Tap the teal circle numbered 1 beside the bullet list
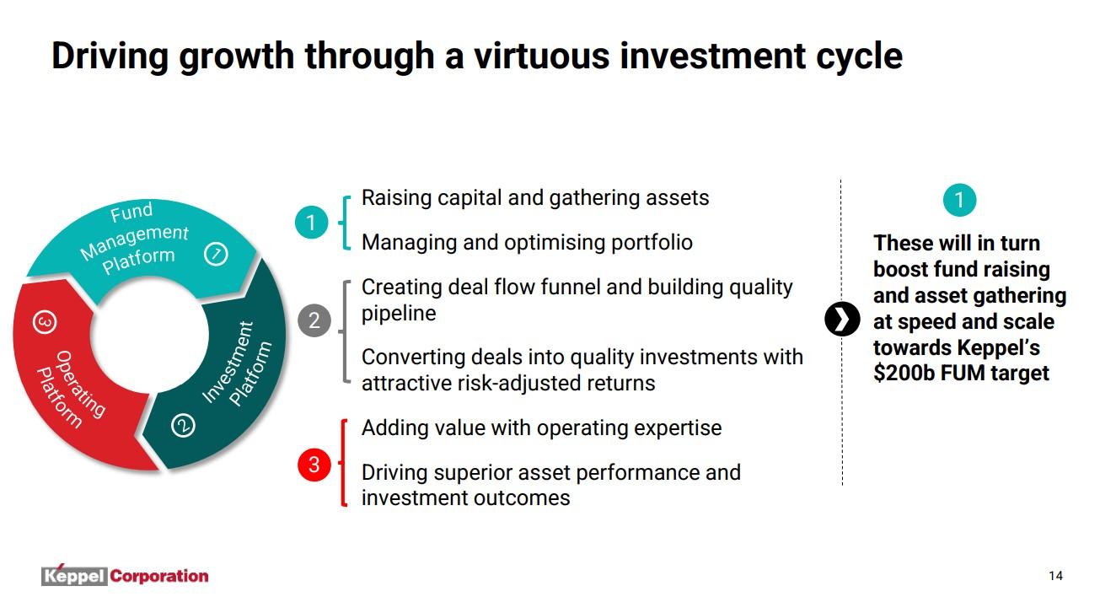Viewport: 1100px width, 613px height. pyautogui.click(x=311, y=223)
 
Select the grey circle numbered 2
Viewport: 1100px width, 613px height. pyautogui.click(x=314, y=320)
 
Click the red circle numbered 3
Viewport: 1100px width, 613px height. pyautogui.click(x=314, y=464)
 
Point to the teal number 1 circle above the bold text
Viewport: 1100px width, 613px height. pyautogui.click(x=959, y=200)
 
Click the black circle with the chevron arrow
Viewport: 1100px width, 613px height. pyautogui.click(x=842, y=319)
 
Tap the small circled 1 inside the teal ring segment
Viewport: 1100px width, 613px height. pyautogui.click(x=216, y=254)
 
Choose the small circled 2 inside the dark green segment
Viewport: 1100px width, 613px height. pyautogui.click(x=183, y=425)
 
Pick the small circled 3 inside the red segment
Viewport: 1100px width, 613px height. pyautogui.click(x=45, y=322)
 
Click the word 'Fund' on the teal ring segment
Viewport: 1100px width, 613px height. pyautogui.click(x=131, y=212)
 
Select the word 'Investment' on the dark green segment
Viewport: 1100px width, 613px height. pyautogui.click(x=228, y=362)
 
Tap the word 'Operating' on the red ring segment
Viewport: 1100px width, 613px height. pyautogui.click(x=81, y=384)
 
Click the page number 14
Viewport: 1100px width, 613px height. pyautogui.click(x=1055, y=576)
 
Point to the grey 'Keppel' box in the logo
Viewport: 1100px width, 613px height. pyautogui.click(x=74, y=576)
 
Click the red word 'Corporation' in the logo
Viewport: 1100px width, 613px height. pyautogui.click(x=159, y=576)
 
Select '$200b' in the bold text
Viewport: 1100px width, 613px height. pyautogui.click(x=904, y=373)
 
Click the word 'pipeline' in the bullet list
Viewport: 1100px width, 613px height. pyautogui.click(x=399, y=315)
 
